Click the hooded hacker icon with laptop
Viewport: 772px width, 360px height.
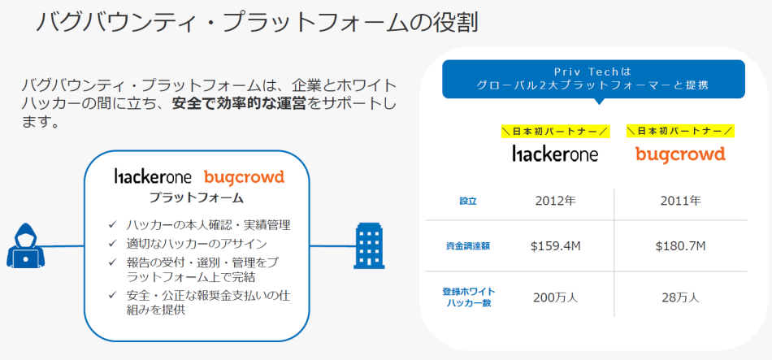tap(28, 245)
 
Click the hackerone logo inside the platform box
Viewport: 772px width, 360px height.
tap(152, 176)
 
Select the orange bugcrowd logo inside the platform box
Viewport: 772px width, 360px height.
tap(244, 176)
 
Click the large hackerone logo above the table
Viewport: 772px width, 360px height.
tap(555, 153)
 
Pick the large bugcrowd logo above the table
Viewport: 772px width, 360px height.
tap(680, 153)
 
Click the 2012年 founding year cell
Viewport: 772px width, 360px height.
tap(555, 200)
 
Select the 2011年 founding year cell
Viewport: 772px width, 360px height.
tap(680, 200)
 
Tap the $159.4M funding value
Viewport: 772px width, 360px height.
tap(555, 246)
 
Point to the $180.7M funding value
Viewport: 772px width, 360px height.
tap(680, 246)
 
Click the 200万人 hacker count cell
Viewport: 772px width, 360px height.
tap(555, 297)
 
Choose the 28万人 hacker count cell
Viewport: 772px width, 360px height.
tap(680, 297)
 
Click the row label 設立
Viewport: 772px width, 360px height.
tap(468, 200)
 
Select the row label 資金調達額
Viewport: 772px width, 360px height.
tap(468, 246)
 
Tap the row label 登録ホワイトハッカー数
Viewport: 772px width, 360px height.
tap(468, 297)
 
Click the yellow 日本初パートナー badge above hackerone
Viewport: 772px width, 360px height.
tap(554, 131)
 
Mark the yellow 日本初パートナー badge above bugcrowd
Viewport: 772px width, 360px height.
tap(680, 131)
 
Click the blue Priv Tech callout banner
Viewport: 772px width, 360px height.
tap(593, 79)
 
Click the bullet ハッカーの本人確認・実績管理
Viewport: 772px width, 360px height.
tap(208, 224)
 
